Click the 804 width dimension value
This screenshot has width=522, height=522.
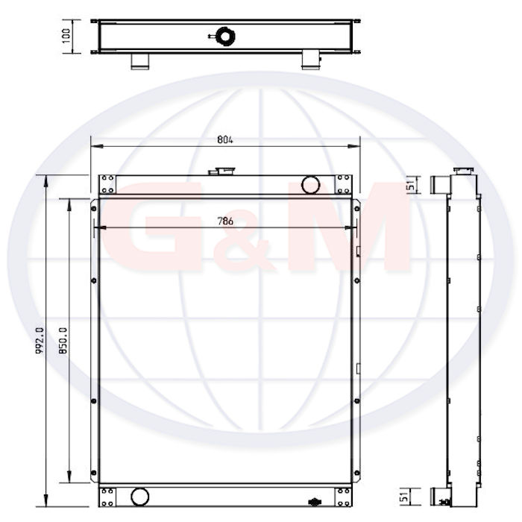(225, 140)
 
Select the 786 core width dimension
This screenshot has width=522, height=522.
(225, 221)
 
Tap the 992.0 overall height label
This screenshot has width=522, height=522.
(40, 340)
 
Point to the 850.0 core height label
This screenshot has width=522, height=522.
(63, 340)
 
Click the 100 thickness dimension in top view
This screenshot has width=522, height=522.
(66, 35)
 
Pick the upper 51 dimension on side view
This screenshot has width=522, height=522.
(412, 185)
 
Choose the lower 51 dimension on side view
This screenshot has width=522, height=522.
(404, 497)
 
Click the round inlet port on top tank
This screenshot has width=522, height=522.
(311, 185)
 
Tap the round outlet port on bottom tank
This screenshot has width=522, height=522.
(140, 497)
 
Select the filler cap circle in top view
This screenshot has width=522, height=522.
(225, 37)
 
